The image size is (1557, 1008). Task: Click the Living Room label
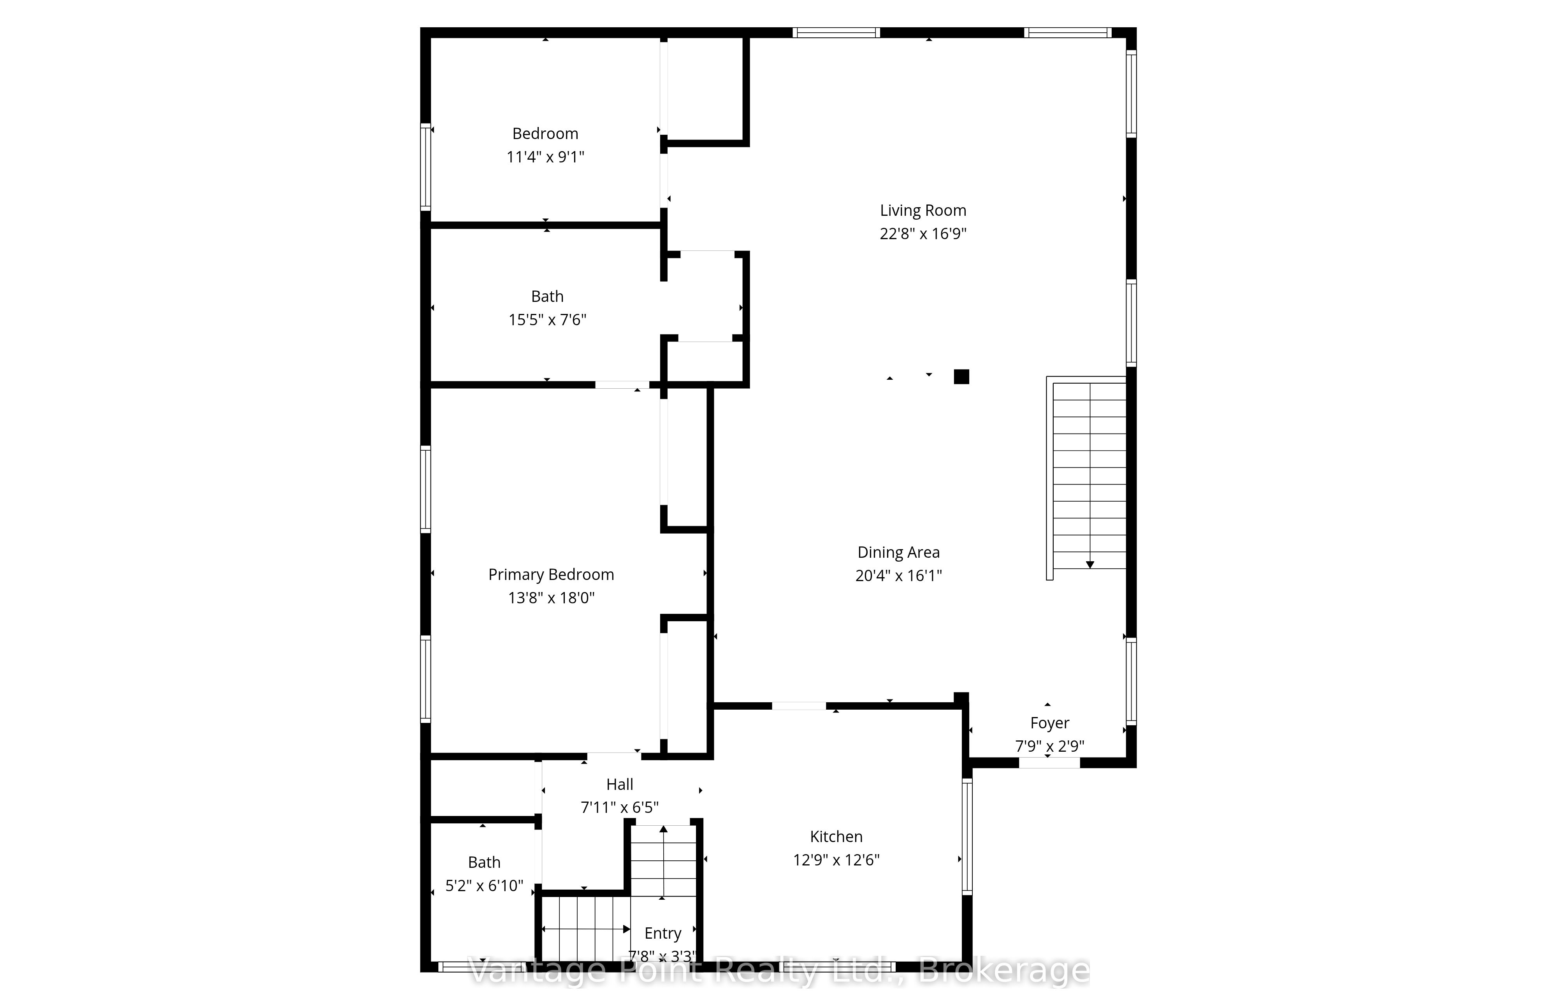pyautogui.click(x=923, y=211)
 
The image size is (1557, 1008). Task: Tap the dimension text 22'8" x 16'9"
pyautogui.click(x=923, y=234)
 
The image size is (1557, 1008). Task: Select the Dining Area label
pyautogui.click(x=898, y=552)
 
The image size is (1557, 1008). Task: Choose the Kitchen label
pyautogui.click(x=836, y=837)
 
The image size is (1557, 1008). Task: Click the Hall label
pyautogui.click(x=620, y=784)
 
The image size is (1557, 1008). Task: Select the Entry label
pyautogui.click(x=663, y=933)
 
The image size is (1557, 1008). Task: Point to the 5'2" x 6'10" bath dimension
pyautogui.click(x=484, y=886)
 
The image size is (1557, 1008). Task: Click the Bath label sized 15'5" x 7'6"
pyautogui.click(x=547, y=296)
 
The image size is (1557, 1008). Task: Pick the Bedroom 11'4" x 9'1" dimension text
pyautogui.click(x=545, y=157)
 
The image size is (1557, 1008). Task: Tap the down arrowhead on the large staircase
pyautogui.click(x=1090, y=564)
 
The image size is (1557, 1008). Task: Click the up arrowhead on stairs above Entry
pyautogui.click(x=663, y=829)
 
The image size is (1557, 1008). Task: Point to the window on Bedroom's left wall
pyautogui.click(x=425, y=167)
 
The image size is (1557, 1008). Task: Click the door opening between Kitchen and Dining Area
pyautogui.click(x=799, y=706)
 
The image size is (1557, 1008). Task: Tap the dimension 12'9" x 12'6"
pyautogui.click(x=836, y=860)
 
